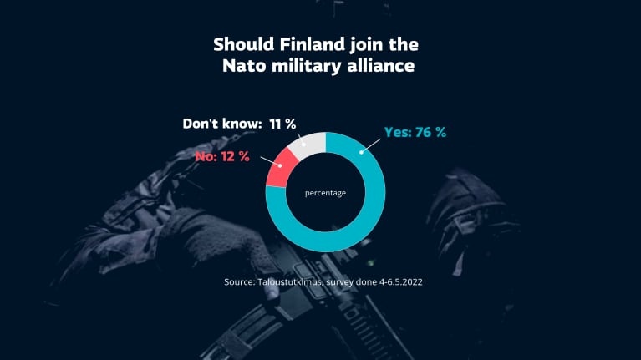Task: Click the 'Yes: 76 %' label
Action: pos(415,132)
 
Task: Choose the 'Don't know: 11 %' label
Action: pos(239,124)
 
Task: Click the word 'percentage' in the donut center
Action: pos(325,193)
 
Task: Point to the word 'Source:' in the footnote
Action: pos(242,282)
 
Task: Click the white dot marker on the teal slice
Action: pos(361,151)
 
